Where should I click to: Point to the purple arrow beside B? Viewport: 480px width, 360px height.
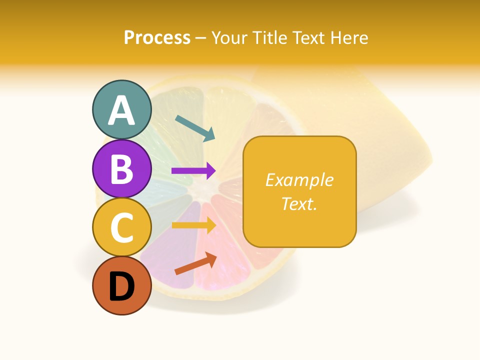click(193, 171)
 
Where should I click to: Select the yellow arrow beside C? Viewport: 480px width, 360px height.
click(193, 225)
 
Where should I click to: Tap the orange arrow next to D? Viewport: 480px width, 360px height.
click(195, 263)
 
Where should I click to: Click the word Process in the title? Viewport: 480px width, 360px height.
click(157, 38)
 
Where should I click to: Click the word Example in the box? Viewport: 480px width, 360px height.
click(299, 180)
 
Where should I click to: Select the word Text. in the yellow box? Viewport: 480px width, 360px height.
click(299, 203)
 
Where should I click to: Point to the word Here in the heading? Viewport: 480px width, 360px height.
click(349, 38)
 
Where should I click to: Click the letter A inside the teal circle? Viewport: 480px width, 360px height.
click(121, 110)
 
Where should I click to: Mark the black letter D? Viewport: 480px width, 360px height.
click(121, 287)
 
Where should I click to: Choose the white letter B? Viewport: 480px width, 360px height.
click(121, 169)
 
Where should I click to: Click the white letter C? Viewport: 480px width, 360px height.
click(121, 228)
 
